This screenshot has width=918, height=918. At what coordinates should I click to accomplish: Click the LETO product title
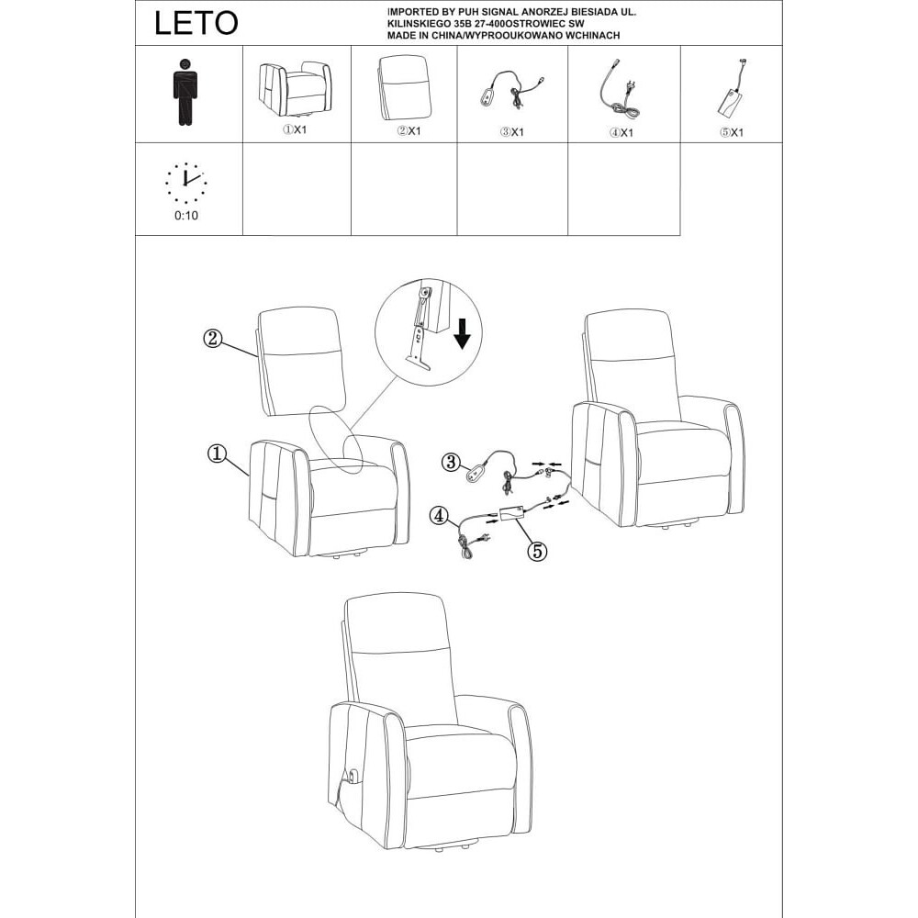pos(196,24)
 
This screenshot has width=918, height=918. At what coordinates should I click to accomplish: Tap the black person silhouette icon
pos(185,92)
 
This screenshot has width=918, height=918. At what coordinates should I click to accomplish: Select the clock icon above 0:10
pos(185,182)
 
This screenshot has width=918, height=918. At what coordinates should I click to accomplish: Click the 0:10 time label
pos(186,216)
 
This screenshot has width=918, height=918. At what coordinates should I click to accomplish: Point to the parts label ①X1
pos(295,130)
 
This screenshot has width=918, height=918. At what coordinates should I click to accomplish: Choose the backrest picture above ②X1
pos(405,88)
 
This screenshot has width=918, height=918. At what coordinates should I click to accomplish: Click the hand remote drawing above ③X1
pos(511,92)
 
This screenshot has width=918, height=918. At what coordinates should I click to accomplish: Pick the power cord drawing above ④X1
pos(619,89)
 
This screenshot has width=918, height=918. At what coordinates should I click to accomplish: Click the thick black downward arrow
pos(463,333)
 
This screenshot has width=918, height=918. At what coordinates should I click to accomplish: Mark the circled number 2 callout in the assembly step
pos(213,338)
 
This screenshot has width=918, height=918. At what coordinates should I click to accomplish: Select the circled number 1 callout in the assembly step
pos(217,453)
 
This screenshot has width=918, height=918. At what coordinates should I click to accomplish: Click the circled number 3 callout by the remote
pos(450,462)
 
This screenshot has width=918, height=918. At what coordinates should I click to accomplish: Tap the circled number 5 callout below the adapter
pos(537,550)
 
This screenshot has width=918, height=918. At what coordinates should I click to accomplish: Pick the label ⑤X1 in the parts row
pos(732,132)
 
